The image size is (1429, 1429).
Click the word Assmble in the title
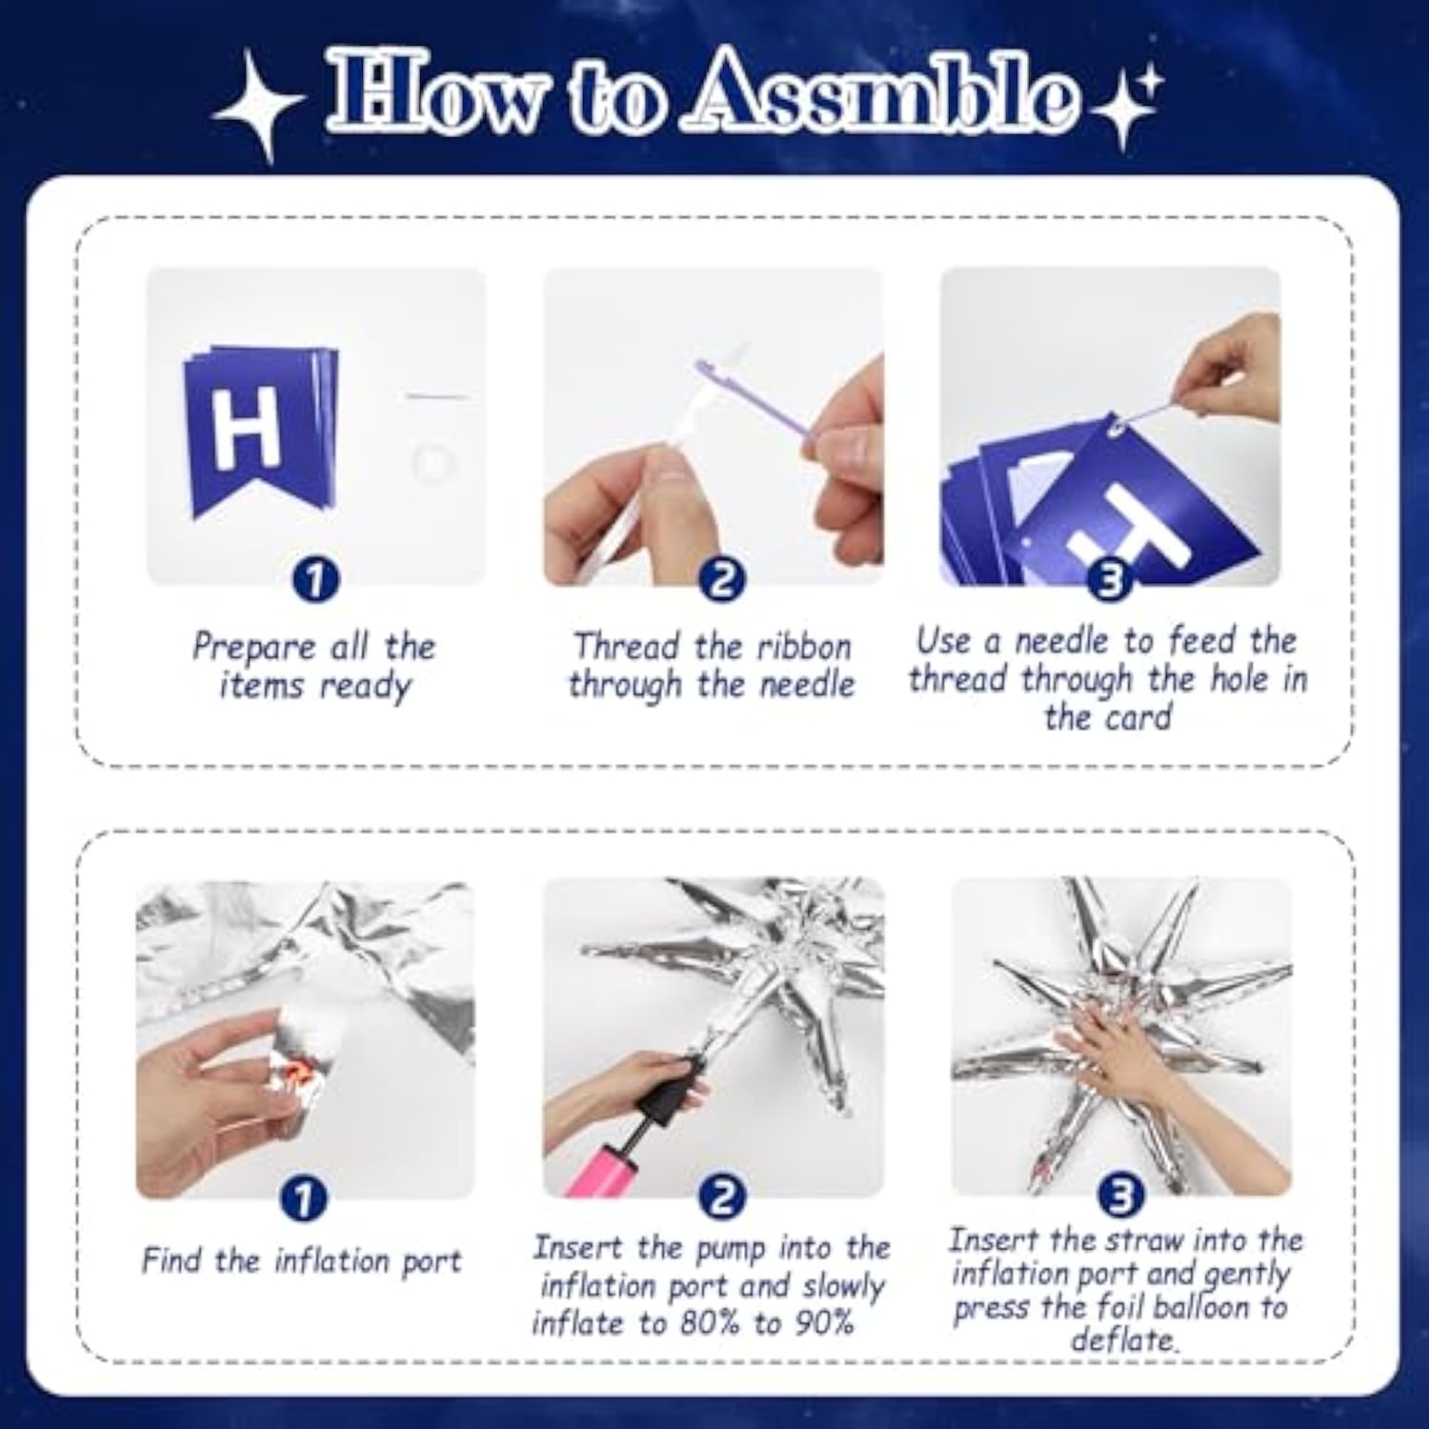[883, 92]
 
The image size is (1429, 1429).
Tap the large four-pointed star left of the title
[259, 107]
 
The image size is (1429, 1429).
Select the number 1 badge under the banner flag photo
[315, 578]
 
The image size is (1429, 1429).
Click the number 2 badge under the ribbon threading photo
[722, 578]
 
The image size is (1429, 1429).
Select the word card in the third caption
[1137, 716]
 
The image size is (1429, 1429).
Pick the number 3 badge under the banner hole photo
[1109, 578]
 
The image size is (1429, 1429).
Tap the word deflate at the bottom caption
[1122, 1340]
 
